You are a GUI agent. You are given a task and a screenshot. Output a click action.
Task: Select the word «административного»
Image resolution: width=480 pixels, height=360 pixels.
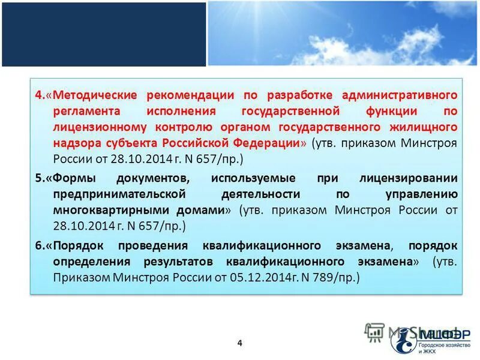click(400, 95)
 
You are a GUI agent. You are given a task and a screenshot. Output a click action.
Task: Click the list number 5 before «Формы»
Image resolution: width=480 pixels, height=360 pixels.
click(37, 178)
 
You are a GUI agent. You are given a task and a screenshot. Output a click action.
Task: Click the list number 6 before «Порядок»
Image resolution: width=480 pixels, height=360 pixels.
click(37, 246)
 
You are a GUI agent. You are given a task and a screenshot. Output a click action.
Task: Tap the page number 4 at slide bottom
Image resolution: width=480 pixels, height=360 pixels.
click(240, 343)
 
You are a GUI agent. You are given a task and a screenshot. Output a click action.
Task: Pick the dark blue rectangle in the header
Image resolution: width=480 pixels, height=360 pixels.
click(103, 34)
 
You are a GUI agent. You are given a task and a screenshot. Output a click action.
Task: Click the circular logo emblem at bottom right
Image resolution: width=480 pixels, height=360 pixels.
click(404, 340)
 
